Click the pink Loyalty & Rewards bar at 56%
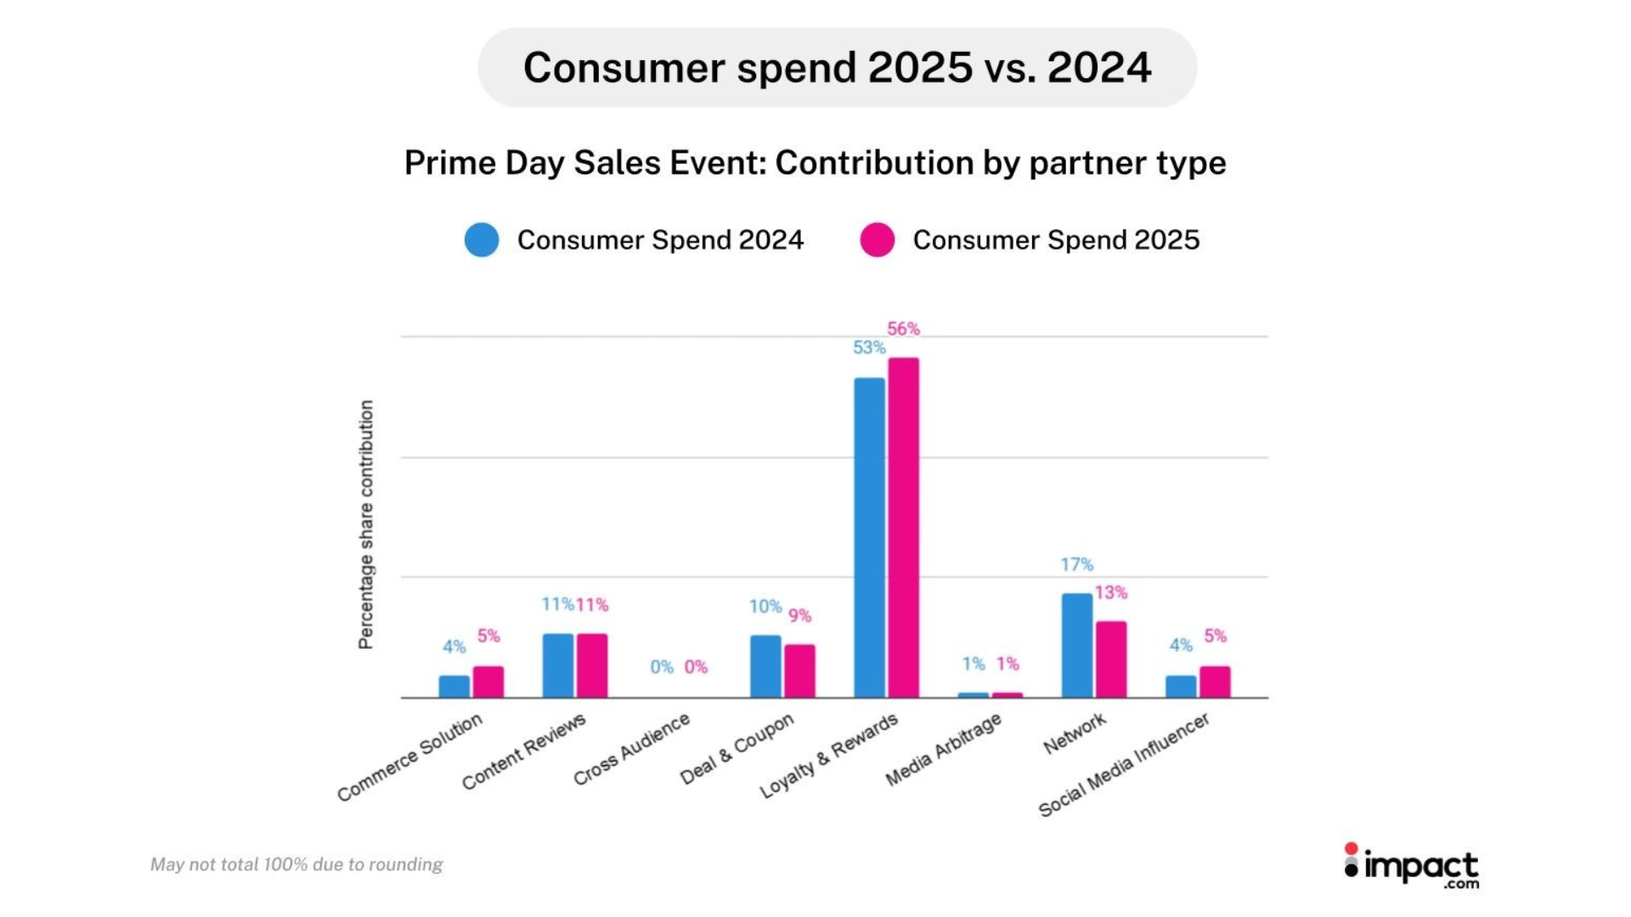(904, 526)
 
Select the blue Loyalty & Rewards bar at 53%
(869, 537)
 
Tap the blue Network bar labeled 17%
(1077, 644)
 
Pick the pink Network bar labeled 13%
(1111, 659)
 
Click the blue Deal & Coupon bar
(765, 666)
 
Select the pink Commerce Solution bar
(488, 681)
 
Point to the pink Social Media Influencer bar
(1215, 681)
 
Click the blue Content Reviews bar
(558, 665)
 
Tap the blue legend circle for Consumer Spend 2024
(482, 240)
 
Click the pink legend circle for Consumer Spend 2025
(878, 240)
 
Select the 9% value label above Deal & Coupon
(799, 616)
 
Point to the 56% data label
(903, 329)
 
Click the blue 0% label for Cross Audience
(662, 667)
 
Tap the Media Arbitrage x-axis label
(944, 749)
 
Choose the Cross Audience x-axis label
(632, 749)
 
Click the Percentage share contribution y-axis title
(366, 525)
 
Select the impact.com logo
(1412, 867)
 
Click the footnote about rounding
(296, 864)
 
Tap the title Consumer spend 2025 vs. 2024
(837, 67)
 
